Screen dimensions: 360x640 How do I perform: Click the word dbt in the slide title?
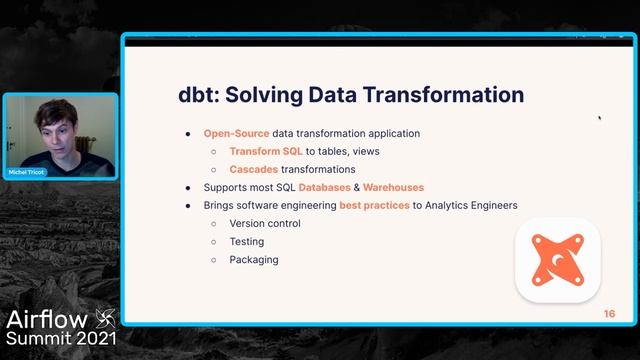tap(197, 95)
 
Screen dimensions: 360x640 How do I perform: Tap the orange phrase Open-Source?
tap(236, 133)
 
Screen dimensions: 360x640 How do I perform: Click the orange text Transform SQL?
tap(266, 151)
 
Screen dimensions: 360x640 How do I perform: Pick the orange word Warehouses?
tap(393, 187)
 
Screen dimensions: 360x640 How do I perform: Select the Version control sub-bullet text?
tap(265, 223)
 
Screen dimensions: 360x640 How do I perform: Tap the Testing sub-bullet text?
tap(247, 241)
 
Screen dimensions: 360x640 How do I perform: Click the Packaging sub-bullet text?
tap(254, 259)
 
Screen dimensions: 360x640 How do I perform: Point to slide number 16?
tap(609, 314)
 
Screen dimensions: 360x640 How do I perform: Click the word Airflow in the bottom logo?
tap(46, 320)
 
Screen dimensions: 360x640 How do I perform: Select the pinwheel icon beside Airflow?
tap(105, 319)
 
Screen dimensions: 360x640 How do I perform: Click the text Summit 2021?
tap(61, 340)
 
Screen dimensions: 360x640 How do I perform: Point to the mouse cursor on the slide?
tap(599, 118)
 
